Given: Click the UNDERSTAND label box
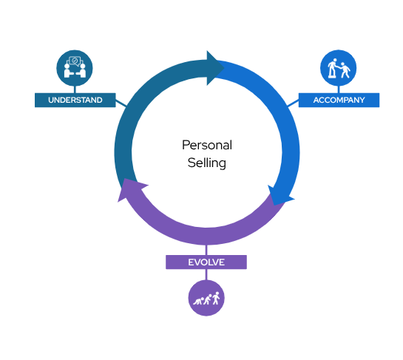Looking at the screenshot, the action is tap(75, 100).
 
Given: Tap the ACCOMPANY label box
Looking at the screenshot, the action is tap(339, 100).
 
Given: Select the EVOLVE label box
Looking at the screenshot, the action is tap(206, 262).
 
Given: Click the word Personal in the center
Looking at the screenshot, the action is tap(207, 145).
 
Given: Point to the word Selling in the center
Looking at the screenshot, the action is tap(207, 163).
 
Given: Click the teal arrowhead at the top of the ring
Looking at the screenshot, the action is tap(214, 68).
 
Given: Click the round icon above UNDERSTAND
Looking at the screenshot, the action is tap(75, 68).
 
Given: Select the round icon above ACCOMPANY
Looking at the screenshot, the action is tap(338, 68).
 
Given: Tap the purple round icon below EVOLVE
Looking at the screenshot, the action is tap(206, 298).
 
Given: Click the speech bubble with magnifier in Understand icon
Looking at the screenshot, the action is tap(75, 61).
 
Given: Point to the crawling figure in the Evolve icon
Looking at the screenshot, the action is tap(198, 301).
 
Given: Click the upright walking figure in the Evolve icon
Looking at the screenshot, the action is tap(216, 298).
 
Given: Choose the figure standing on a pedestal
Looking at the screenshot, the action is tap(333, 68).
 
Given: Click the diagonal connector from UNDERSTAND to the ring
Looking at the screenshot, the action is tap(121, 103).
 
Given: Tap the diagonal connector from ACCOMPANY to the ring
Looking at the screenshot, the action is tap(293, 103).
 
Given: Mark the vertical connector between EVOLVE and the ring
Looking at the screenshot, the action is tap(206, 250).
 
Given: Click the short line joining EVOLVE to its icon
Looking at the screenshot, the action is tap(206, 275).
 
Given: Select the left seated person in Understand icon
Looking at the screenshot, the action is tap(67, 71).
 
